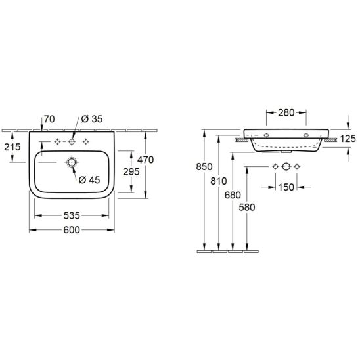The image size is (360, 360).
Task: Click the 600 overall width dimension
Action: [72, 230]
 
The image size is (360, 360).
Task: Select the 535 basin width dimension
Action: [72, 215]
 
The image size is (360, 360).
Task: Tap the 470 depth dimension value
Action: [146, 160]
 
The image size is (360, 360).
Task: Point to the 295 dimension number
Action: [131, 171]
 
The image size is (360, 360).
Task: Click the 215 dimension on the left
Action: [12, 147]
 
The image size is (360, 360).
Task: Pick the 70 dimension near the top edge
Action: [49, 119]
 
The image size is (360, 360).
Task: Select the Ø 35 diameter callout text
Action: [92, 119]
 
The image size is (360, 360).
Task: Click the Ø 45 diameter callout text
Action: [89, 180]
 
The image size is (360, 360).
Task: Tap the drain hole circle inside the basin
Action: [72, 162]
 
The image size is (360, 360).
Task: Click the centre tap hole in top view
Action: [72, 142]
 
